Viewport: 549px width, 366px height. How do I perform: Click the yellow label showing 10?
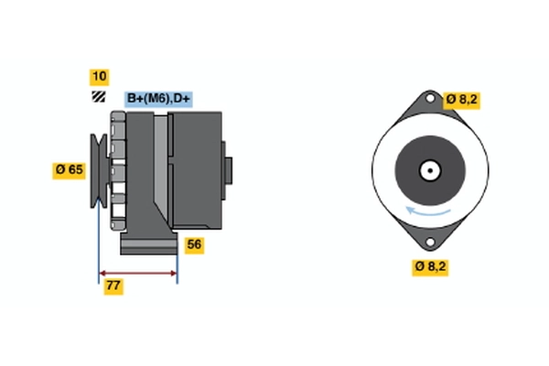[x=98, y=76]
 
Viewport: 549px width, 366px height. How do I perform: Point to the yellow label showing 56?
[x=194, y=244]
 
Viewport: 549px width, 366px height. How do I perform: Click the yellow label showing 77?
[x=113, y=285]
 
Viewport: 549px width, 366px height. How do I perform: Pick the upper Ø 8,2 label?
[x=462, y=100]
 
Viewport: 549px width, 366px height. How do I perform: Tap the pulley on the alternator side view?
[x=98, y=171]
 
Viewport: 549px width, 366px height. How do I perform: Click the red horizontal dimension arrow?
[x=137, y=273]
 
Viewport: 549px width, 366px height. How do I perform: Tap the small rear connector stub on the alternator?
[x=228, y=170]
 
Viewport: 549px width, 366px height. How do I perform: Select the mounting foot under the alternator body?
[x=148, y=245]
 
